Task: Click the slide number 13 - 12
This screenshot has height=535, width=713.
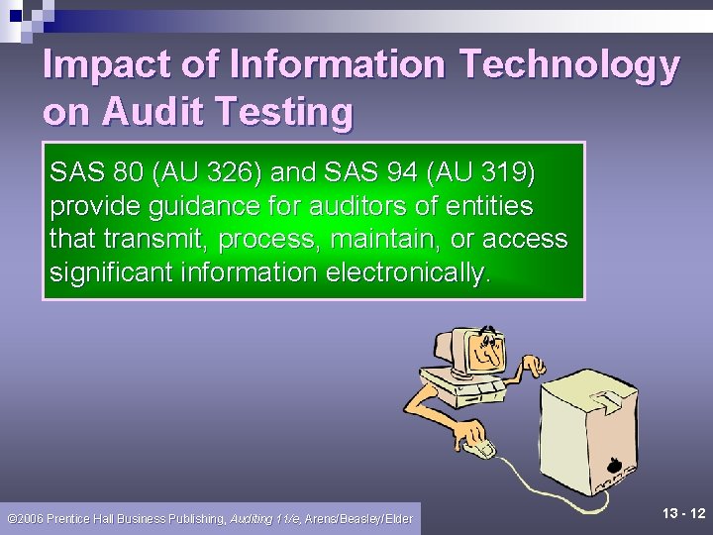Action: coord(683,513)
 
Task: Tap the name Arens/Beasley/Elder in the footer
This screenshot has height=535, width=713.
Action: coord(358,518)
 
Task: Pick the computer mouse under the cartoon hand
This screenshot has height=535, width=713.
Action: coord(481,451)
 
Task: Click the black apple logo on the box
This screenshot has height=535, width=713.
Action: coord(613,463)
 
